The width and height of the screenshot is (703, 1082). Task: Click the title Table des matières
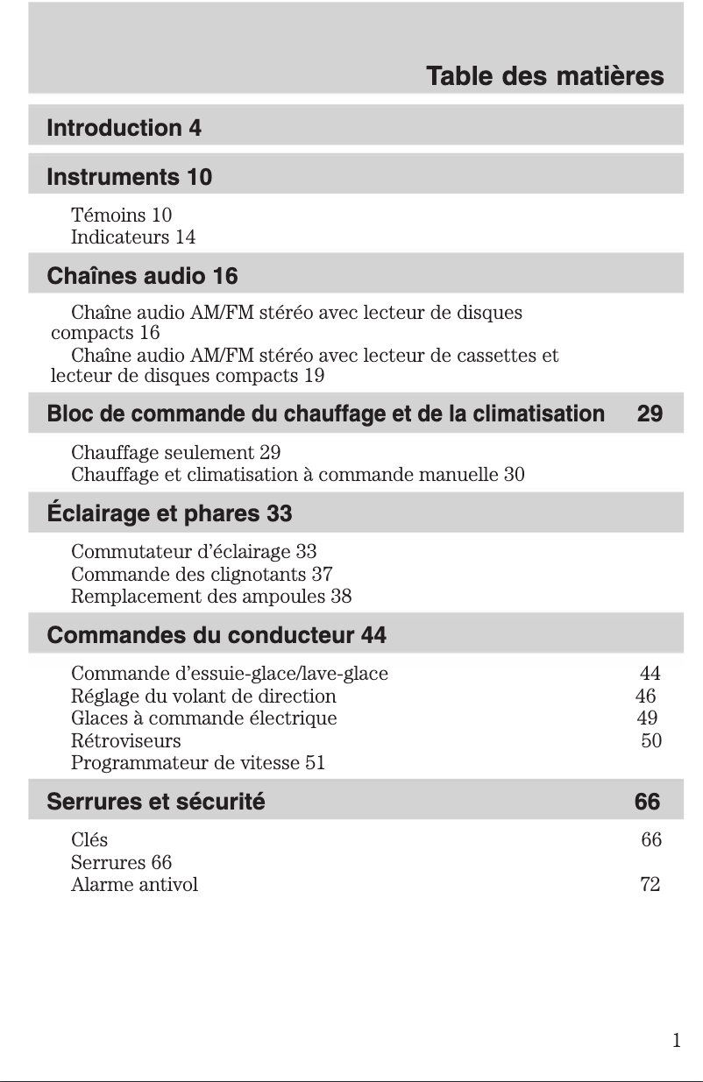pyautogui.click(x=544, y=77)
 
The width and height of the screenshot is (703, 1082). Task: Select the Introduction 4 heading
pyautogui.click(x=124, y=129)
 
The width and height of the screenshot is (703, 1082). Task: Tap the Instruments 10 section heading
pyautogui.click(x=129, y=178)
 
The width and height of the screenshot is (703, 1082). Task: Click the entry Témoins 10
pyautogui.click(x=121, y=215)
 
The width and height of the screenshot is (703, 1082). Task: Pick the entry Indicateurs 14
pyautogui.click(x=133, y=237)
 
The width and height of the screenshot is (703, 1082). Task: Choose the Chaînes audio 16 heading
pyautogui.click(x=142, y=277)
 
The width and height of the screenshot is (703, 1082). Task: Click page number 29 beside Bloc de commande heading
pyautogui.click(x=650, y=414)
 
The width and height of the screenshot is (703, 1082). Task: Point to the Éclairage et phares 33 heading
pyautogui.click(x=169, y=513)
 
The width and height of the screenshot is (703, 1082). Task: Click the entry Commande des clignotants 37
pyautogui.click(x=202, y=575)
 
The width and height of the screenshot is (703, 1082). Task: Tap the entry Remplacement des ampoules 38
pyautogui.click(x=211, y=597)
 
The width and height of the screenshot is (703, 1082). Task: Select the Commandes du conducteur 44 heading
pyautogui.click(x=217, y=635)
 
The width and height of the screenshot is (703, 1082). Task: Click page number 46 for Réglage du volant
pyautogui.click(x=645, y=697)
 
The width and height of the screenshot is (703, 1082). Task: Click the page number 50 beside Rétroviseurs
pyautogui.click(x=651, y=740)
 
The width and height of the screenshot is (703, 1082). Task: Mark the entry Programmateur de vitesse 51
pyautogui.click(x=198, y=762)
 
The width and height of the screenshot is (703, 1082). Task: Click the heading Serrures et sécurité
pyautogui.click(x=156, y=802)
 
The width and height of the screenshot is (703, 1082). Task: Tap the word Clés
pyautogui.click(x=89, y=840)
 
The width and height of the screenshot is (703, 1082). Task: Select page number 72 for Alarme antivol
pyautogui.click(x=650, y=884)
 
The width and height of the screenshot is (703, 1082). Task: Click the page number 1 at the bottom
pyautogui.click(x=676, y=1041)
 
